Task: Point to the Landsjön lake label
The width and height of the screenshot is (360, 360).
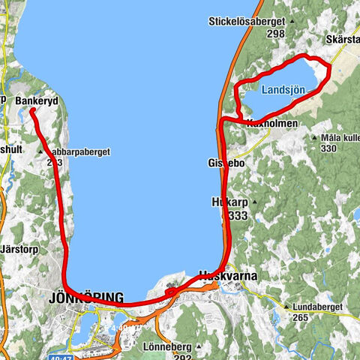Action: point(284,89)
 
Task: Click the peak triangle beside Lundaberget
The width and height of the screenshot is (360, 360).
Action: point(287,306)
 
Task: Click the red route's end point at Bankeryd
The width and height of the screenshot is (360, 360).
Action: point(33,111)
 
